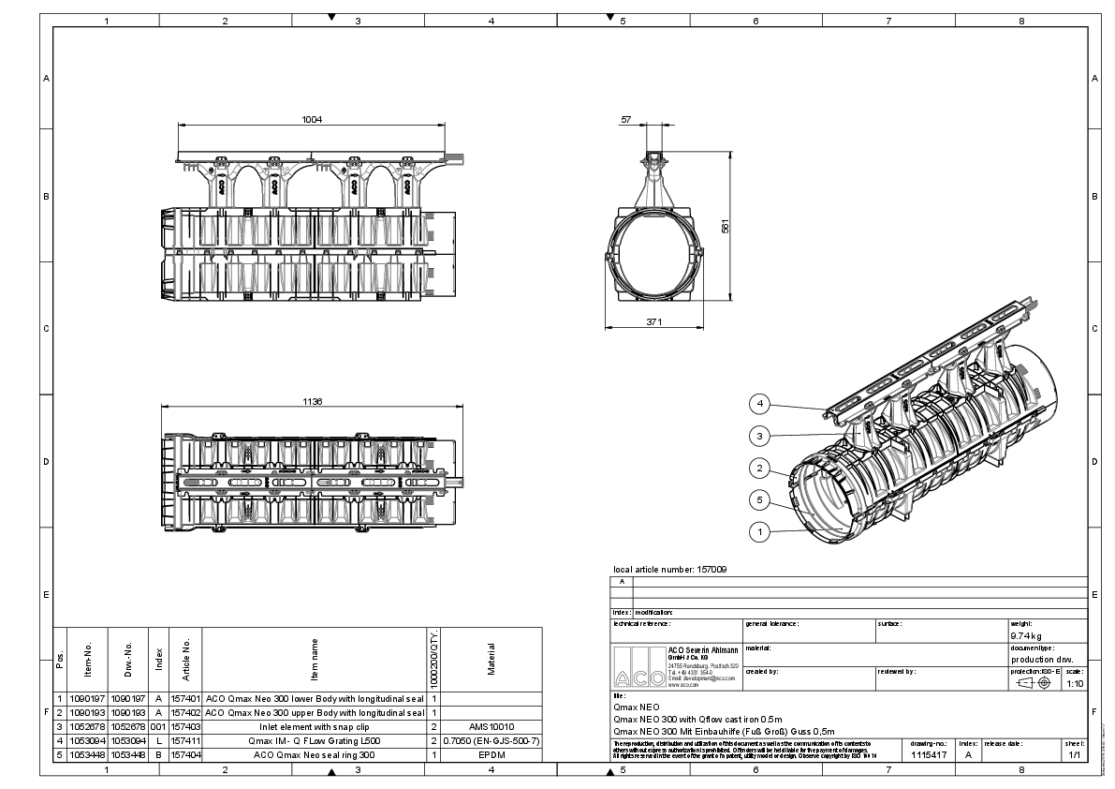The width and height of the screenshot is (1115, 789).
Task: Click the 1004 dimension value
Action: (312, 119)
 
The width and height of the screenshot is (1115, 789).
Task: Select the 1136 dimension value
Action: (313, 401)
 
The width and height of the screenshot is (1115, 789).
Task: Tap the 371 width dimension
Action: (653, 322)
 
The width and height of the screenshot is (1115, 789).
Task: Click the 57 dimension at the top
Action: (625, 120)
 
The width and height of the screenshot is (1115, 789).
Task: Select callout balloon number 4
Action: (761, 404)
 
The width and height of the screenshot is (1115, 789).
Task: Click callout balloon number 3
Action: (761, 436)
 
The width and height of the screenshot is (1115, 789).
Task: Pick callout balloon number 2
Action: (761, 468)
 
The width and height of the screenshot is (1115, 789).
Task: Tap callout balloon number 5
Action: (761, 499)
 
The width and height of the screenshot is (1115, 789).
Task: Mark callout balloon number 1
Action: (761, 531)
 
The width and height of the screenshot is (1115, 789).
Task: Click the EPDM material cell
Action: (491, 754)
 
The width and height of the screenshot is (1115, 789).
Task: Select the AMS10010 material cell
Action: (491, 726)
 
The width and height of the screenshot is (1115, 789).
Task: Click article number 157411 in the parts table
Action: (185, 740)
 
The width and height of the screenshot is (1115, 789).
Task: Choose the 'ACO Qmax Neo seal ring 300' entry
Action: (315, 754)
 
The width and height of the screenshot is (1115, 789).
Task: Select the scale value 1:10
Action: (1076, 683)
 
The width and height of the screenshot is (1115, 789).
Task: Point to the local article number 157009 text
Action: (669, 569)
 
